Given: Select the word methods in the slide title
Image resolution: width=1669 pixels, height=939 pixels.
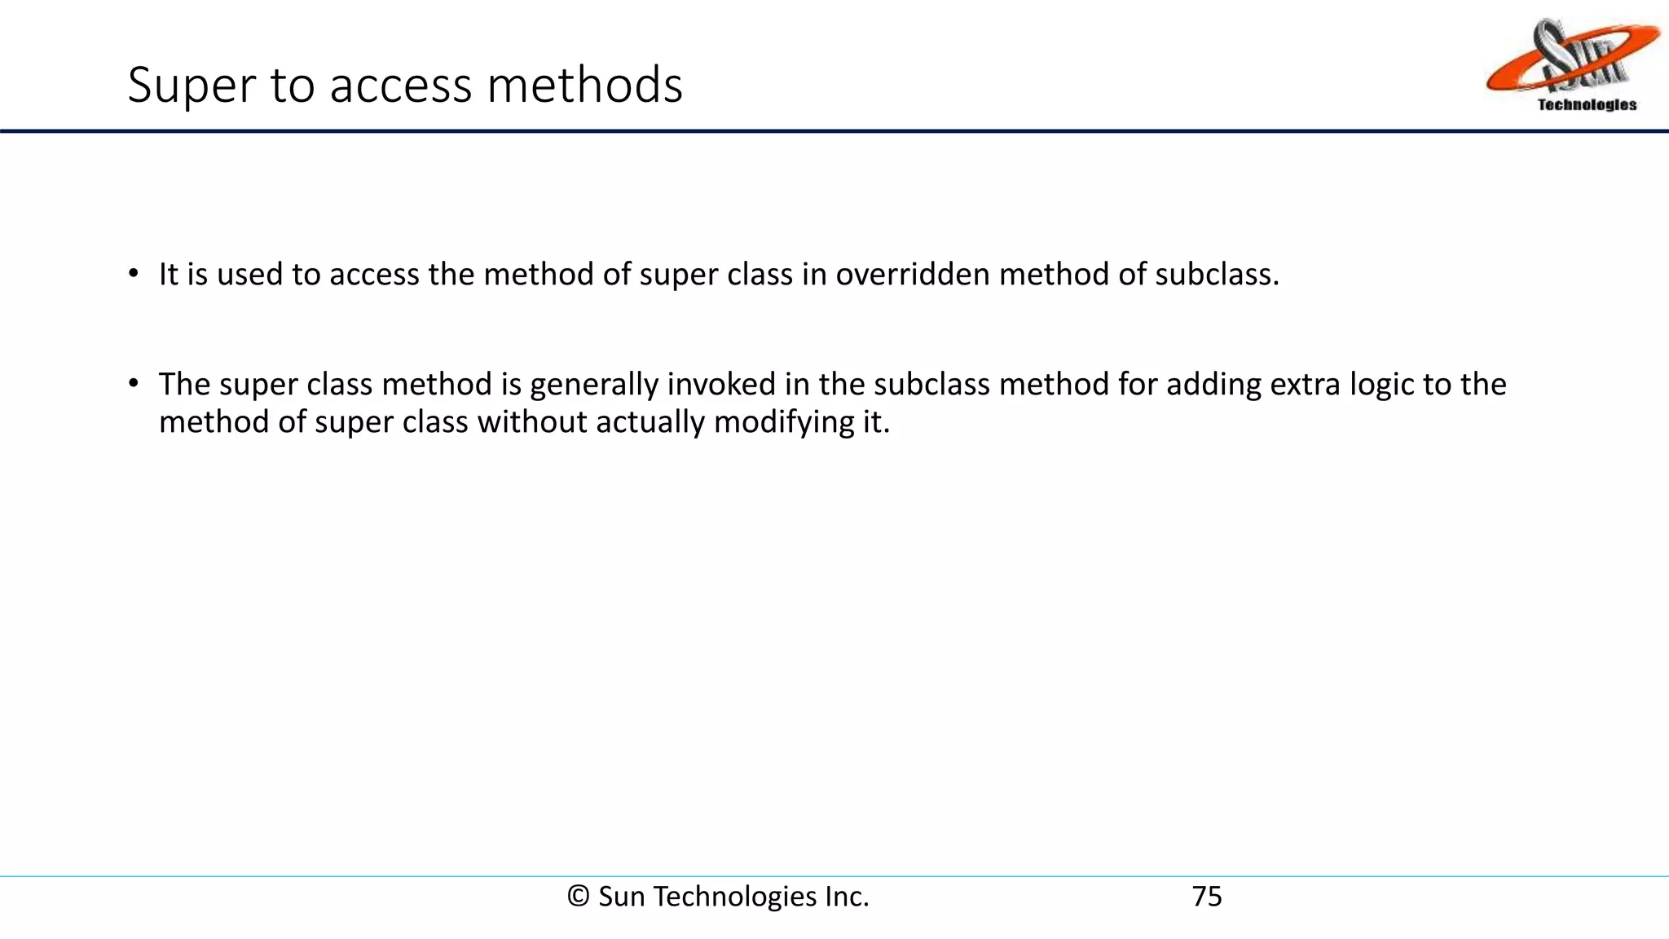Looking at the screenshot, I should coord(584,85).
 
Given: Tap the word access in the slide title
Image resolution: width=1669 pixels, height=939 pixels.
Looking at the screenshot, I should coord(400,85).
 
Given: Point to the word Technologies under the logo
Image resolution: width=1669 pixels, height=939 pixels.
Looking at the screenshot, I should coord(1586,105).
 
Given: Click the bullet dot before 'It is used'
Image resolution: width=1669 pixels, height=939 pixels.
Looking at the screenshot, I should coord(134,273).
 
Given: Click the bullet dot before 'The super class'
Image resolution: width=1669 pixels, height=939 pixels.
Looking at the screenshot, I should coord(134,383).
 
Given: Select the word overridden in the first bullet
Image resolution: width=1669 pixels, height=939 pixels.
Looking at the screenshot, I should coord(913,275).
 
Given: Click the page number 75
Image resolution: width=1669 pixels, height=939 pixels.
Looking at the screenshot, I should coord(1207,897).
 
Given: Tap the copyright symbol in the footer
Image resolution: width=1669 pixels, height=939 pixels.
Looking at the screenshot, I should coord(579,897).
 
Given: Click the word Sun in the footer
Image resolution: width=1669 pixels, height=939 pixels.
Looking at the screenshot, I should coord(621,897).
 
